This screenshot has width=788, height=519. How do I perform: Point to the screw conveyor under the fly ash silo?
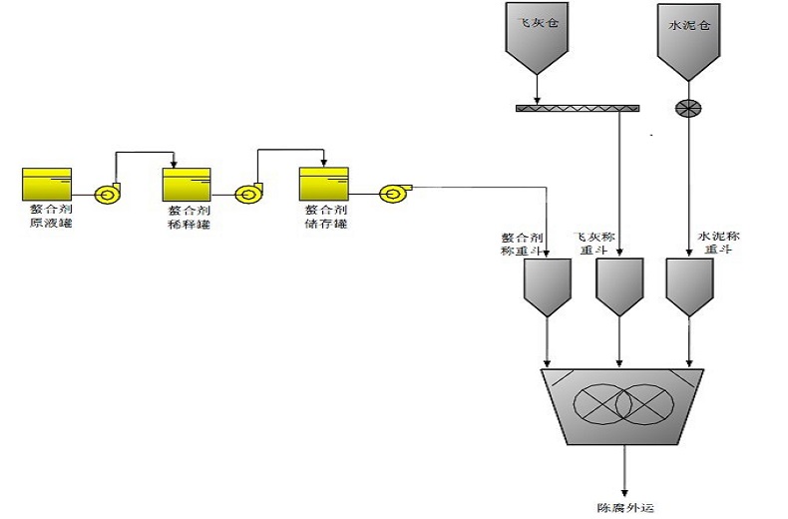point(578,107)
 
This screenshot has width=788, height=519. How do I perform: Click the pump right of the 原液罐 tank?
point(104,195)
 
